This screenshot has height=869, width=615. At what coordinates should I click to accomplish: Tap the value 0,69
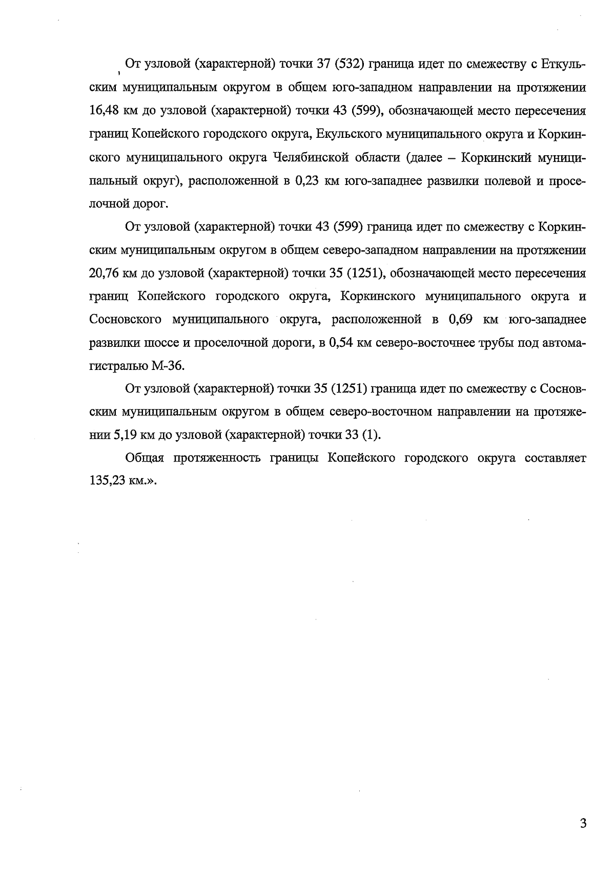pos(464,320)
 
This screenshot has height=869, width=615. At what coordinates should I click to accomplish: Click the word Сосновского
pos(125,320)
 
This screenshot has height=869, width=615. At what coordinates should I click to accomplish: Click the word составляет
pos(556,458)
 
